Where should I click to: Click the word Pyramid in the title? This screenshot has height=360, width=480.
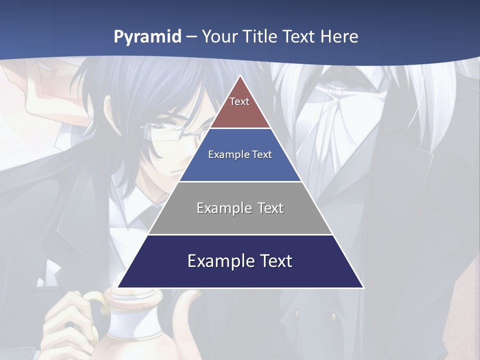(147, 37)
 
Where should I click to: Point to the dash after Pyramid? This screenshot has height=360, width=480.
(191, 37)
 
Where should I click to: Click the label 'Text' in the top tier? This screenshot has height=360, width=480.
(239, 101)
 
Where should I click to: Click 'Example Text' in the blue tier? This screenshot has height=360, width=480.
(240, 154)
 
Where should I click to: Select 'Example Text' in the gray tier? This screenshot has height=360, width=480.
(240, 208)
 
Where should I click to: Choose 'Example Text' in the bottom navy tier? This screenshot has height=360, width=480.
(240, 261)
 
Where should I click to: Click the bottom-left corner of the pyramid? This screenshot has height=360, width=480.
(118, 287)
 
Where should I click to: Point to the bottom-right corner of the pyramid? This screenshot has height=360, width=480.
(363, 287)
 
